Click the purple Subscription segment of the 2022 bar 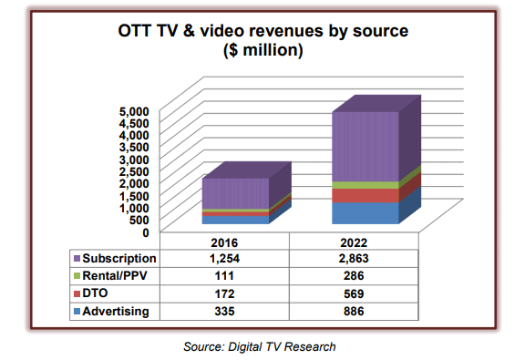(x=365, y=146)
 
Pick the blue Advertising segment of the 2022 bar (x=365, y=212)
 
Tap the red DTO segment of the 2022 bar (x=365, y=195)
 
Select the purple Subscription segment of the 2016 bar (x=234, y=194)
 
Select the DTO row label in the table (x=97, y=293)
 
